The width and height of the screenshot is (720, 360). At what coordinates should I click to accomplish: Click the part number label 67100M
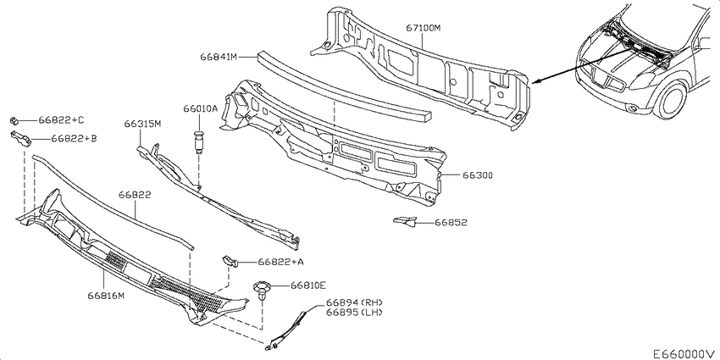[x=423, y=28]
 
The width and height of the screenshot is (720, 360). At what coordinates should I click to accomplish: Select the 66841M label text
[x=218, y=57]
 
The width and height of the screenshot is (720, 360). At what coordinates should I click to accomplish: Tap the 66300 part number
[x=478, y=175]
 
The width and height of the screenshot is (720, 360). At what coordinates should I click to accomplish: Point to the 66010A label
[x=200, y=108]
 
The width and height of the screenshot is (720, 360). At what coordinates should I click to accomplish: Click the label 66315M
[x=142, y=124]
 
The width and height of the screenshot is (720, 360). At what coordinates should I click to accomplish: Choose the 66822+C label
[x=61, y=120]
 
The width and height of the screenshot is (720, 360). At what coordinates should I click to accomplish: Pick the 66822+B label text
[x=74, y=138]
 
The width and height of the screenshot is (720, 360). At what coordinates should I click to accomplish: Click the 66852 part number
[x=451, y=223]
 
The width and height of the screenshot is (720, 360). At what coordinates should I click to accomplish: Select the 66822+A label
[x=280, y=263]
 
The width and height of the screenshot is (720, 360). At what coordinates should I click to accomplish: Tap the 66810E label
[x=307, y=285]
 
